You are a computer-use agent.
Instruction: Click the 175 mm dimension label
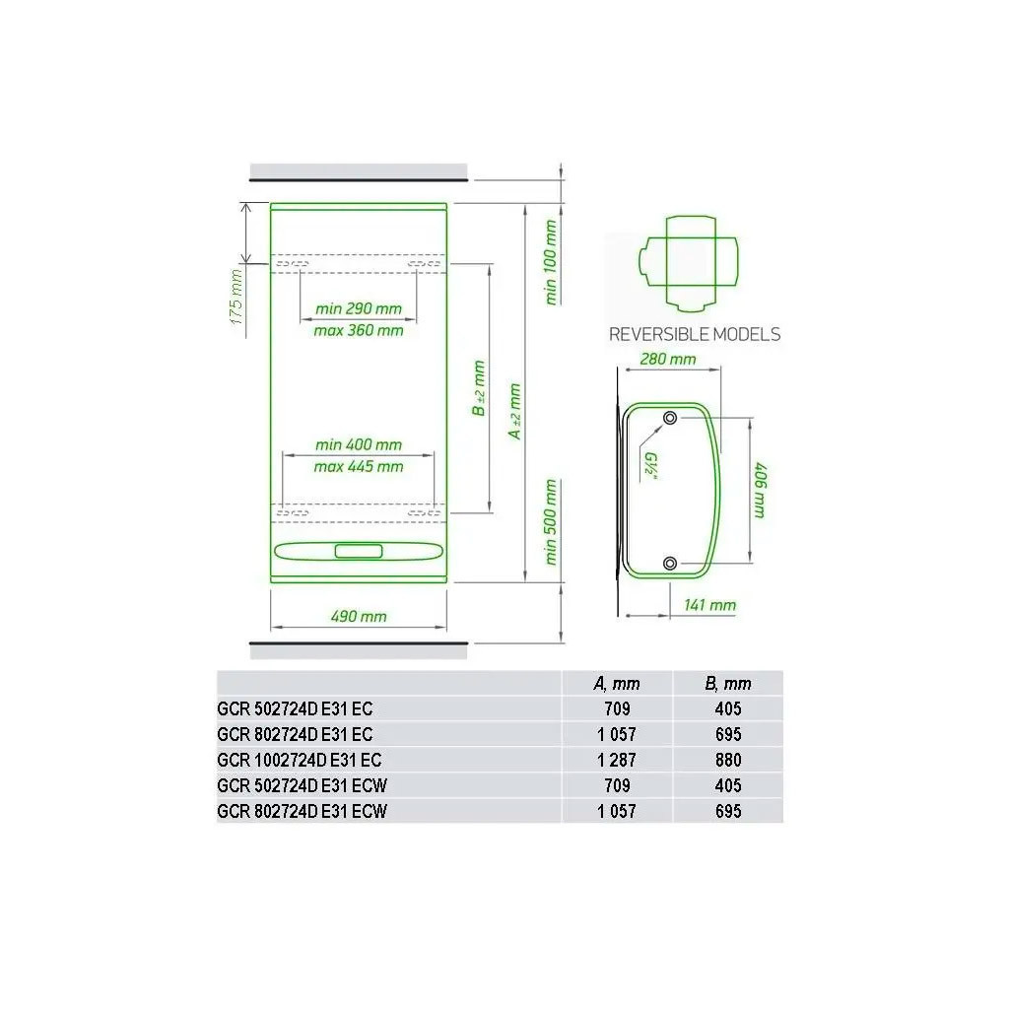pyautogui.click(x=236, y=298)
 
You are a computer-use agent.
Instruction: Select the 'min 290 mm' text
pyautogui.click(x=359, y=308)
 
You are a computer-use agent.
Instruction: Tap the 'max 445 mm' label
pyautogui.click(x=359, y=466)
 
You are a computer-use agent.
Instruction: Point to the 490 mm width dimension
pyautogui.click(x=359, y=617)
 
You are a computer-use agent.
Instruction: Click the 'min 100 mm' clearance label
pyautogui.click(x=550, y=262)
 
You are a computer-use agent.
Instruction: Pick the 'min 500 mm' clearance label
pyautogui.click(x=550, y=522)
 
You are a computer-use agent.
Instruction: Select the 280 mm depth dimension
pyautogui.click(x=668, y=359)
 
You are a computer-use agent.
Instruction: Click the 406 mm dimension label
pyautogui.click(x=760, y=490)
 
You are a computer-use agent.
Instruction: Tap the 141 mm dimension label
pyautogui.click(x=709, y=605)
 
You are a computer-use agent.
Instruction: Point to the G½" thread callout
pyautogui.click(x=650, y=466)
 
